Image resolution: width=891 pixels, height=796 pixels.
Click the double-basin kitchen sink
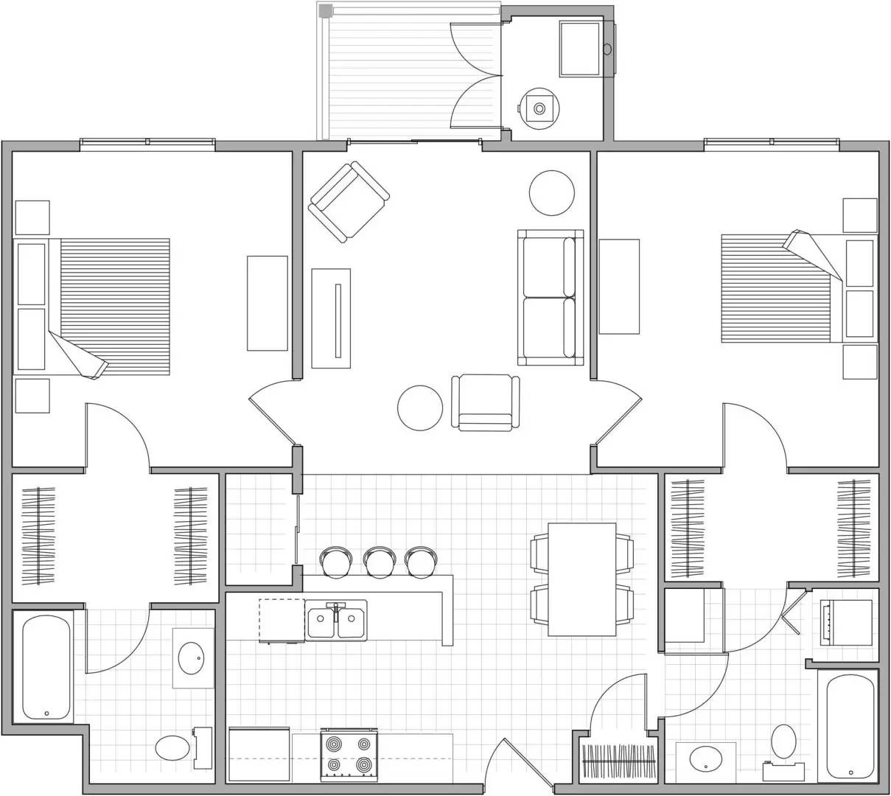coord(337,621)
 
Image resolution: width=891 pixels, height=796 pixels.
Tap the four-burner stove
coord(349,755)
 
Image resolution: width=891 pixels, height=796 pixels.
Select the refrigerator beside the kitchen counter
coord(259,754)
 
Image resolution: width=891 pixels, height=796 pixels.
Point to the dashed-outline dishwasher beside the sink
coord(282,620)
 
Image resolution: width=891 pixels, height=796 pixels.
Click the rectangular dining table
coord(582,579)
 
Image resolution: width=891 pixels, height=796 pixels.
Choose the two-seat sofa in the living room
coord(551,297)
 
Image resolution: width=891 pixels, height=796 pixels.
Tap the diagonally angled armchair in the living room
coord(349,201)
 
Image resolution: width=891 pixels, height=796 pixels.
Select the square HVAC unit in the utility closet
coord(579,49)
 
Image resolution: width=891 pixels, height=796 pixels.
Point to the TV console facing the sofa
coord(331,318)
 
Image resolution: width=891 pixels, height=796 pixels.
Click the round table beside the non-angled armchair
coord(420,408)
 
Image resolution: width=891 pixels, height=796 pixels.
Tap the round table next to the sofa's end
coord(551,192)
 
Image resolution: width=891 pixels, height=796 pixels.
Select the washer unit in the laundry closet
coord(846,623)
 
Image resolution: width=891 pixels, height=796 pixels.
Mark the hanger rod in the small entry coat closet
coord(618,759)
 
